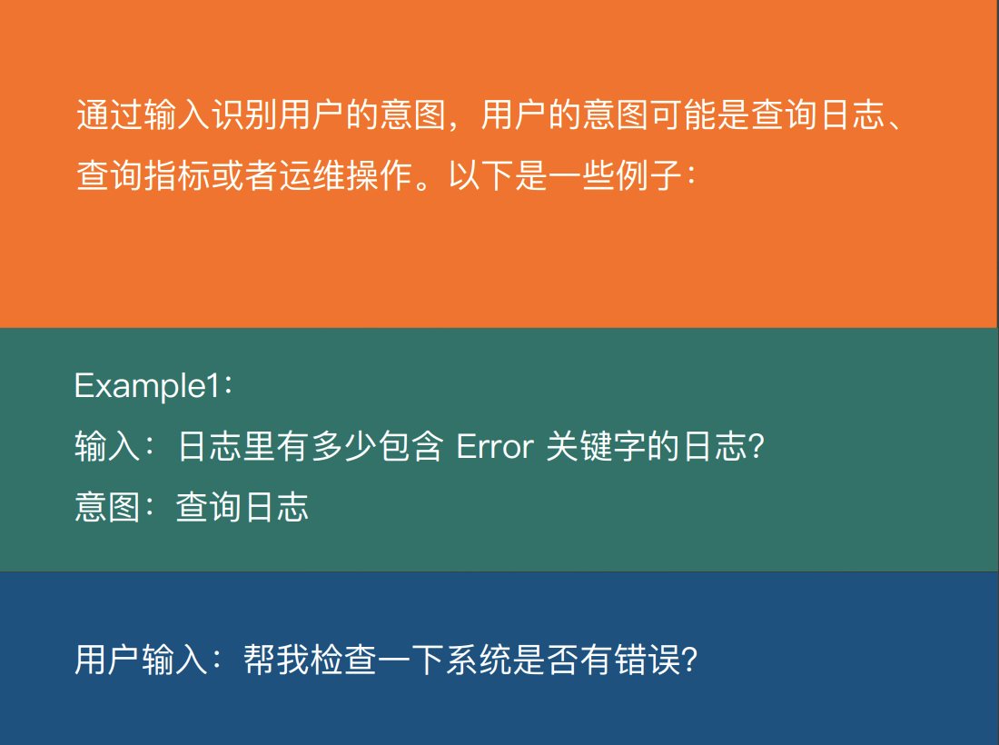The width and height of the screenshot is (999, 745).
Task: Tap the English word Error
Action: [495, 447]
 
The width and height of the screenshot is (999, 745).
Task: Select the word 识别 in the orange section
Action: [245, 115]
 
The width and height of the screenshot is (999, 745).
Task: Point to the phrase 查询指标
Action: [143, 174]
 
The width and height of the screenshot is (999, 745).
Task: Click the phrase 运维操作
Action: [346, 174]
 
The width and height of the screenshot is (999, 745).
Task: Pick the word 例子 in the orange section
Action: [648, 174]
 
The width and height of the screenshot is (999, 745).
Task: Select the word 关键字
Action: [597, 446]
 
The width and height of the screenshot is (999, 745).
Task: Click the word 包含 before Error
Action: [410, 446]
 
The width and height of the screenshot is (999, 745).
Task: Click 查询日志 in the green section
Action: [242, 508]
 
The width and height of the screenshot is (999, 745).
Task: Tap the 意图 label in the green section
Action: [107, 508]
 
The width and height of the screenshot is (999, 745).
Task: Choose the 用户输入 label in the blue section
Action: [141, 660]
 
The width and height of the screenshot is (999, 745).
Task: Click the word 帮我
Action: [276, 660]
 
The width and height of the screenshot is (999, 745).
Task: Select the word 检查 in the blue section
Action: [344, 660]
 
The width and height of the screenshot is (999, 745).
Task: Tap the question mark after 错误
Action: [689, 661]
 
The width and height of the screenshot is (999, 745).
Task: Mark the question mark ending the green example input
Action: [757, 447]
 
